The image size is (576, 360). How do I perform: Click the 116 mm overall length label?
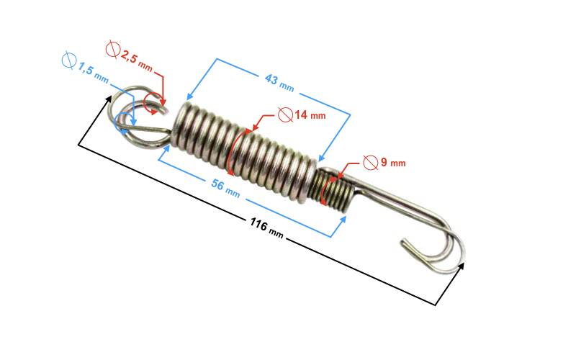266,228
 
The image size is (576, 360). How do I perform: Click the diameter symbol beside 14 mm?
285,114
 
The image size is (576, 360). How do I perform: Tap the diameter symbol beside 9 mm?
370,163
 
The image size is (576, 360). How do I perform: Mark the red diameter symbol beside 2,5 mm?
112,50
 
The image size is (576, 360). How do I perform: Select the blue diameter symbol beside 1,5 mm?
69,60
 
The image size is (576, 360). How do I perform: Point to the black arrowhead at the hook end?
461,266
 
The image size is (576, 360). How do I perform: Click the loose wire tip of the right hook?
404,242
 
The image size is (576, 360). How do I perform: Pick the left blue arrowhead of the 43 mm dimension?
189,96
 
